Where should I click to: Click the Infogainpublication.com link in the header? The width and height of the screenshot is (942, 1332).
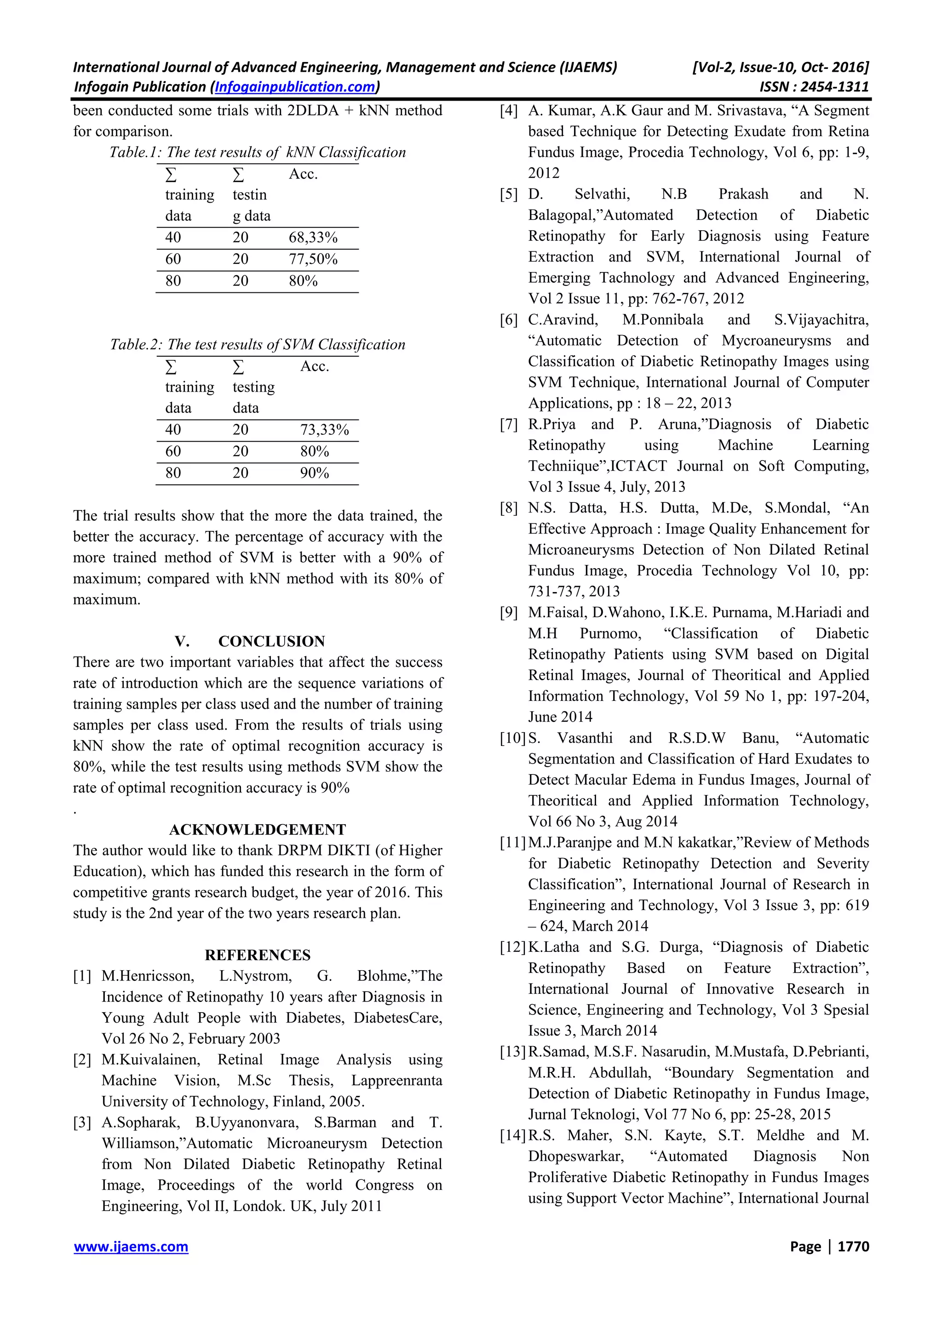click(295, 87)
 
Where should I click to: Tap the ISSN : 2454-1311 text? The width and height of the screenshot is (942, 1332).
click(814, 87)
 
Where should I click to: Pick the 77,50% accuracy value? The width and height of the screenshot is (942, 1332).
click(313, 259)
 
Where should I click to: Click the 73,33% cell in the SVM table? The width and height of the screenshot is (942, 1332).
click(324, 430)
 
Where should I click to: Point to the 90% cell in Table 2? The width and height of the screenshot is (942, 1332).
click(315, 473)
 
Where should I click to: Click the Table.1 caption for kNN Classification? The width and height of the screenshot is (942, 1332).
click(258, 153)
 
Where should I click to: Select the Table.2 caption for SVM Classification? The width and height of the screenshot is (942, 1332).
click(258, 345)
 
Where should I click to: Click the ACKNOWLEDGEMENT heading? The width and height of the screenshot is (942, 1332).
click(257, 830)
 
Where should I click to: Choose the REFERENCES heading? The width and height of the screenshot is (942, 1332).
click(257, 955)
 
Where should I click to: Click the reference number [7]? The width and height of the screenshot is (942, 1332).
click(508, 425)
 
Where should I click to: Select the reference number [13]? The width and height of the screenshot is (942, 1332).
click(512, 1052)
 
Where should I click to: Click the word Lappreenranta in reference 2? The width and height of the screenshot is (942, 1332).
click(396, 1081)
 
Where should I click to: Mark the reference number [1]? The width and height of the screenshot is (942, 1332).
click(82, 976)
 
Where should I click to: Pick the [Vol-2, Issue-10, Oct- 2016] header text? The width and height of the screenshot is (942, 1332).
click(780, 67)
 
